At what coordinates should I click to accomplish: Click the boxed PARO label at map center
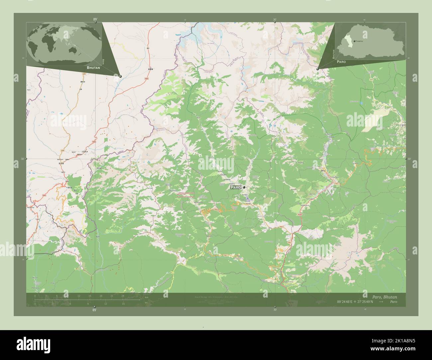coord(235,188)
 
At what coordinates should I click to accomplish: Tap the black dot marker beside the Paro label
coord(244,188)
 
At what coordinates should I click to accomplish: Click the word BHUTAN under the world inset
coord(93,67)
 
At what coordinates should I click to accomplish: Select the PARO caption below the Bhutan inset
coord(341,62)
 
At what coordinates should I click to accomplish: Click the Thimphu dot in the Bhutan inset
coord(355,41)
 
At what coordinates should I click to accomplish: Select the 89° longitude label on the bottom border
coord(94,310)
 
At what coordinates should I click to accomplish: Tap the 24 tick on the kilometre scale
coord(123,296)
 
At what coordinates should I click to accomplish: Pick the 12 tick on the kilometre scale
coord(79,296)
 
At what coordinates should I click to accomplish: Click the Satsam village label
coord(223,175)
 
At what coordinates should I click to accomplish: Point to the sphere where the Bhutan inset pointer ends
coord(318,69)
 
